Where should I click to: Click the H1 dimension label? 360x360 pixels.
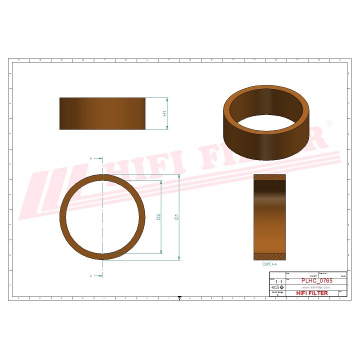click(x=164, y=113)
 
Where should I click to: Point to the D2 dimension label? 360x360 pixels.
click(x=158, y=217)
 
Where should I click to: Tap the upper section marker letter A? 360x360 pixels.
click(x=91, y=158)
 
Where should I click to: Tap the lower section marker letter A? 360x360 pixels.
click(x=91, y=275)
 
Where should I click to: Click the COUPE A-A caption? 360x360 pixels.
click(x=269, y=263)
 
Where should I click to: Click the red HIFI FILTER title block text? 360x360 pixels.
click(x=312, y=293)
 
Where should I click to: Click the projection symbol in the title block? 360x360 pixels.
click(x=276, y=288)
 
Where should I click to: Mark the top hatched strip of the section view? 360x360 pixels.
click(x=269, y=177)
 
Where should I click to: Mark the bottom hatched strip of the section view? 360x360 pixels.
click(x=269, y=257)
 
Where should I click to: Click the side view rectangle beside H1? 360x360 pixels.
click(x=102, y=113)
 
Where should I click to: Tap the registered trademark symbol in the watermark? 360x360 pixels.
click(x=329, y=123)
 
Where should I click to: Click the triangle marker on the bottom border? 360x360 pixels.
click(x=179, y=299)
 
